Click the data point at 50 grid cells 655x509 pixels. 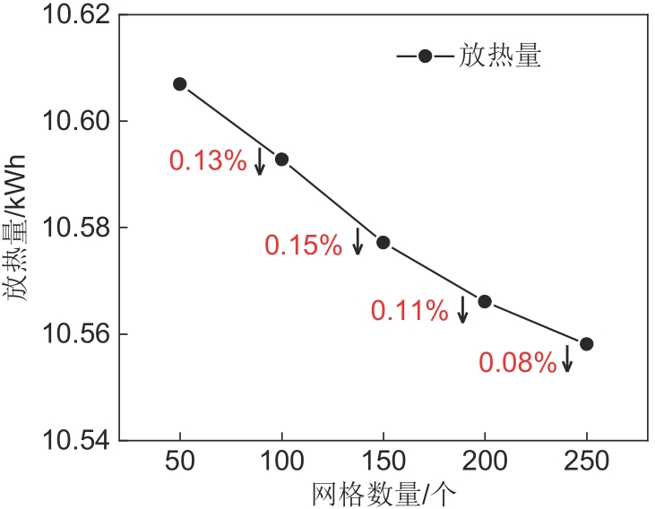179,84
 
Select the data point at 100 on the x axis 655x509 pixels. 281,160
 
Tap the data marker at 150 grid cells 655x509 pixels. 383,243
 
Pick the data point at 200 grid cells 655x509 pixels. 485,301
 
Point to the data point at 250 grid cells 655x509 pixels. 587,344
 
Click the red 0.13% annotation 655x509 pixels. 207,160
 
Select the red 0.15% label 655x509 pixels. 303,245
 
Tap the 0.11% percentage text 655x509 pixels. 409,311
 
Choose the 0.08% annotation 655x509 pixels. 518,362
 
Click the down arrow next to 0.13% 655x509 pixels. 260,161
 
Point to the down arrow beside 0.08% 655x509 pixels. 566,359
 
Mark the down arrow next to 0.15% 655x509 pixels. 358,241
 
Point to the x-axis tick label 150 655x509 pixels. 383,463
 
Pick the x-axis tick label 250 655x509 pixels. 587,463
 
